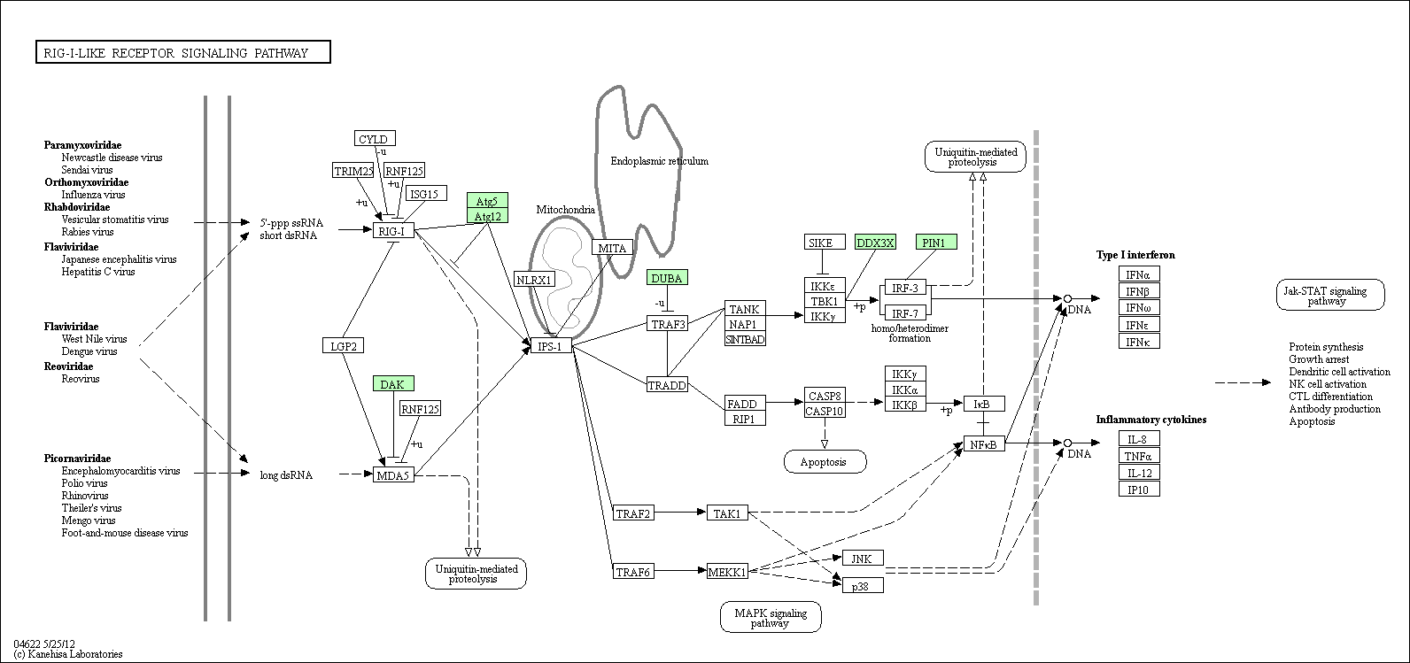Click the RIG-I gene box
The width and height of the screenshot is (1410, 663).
[393, 231]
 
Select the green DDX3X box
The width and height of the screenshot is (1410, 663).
[875, 243]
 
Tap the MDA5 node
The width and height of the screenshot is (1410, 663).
[393, 475]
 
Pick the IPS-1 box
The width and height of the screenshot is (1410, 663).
[551, 344]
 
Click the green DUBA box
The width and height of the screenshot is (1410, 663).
[667, 277]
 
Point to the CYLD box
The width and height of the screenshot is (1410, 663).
[375, 138]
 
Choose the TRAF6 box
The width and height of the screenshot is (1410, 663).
[633, 571]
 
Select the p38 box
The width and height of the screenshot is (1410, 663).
[863, 586]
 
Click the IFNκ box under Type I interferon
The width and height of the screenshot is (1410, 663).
[1139, 342]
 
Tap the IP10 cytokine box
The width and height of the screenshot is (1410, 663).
[1139, 490]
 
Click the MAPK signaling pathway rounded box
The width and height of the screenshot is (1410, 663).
[771, 617]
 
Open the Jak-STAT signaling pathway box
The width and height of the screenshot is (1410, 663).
[1330, 295]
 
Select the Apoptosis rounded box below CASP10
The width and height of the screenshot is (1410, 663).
[825, 462]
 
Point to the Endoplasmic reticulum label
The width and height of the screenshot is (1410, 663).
[659, 161]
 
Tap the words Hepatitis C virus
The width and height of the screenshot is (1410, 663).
[98, 272]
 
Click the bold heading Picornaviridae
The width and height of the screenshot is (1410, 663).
[77, 459]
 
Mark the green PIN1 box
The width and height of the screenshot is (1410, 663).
[936, 243]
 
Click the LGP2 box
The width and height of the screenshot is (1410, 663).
[343, 345]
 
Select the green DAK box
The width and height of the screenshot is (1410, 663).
[393, 383]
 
